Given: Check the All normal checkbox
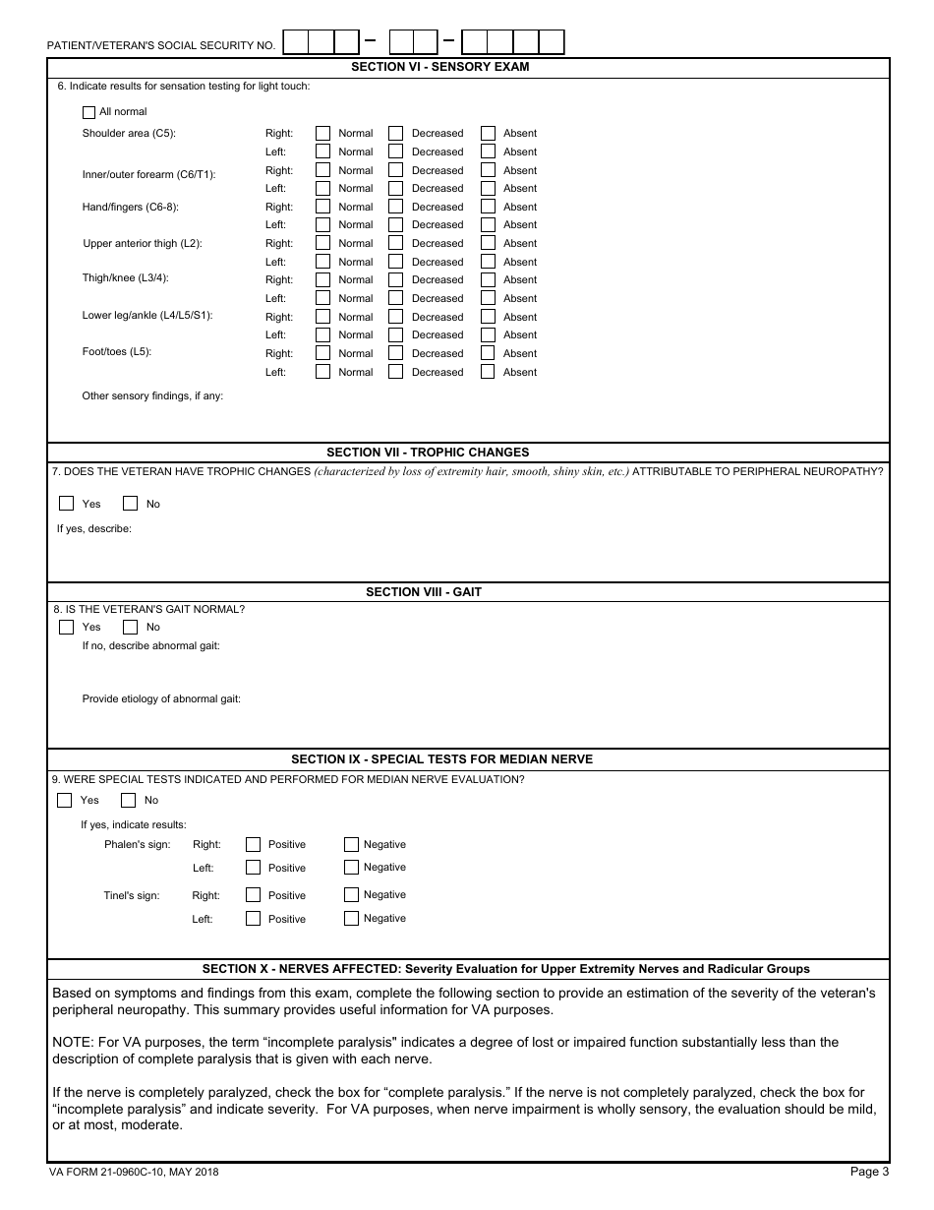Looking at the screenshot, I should click(x=89, y=112).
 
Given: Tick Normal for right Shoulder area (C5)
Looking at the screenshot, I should click(x=322, y=133).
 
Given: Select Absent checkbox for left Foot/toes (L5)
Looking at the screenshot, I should click(x=488, y=372).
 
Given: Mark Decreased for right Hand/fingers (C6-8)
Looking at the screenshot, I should click(x=395, y=207).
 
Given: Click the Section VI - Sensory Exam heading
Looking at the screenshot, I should click(x=440, y=67).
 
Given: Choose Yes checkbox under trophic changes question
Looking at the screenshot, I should click(x=67, y=504).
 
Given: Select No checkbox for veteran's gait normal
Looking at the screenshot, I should click(x=130, y=627).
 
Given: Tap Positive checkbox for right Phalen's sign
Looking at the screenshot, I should click(x=253, y=844).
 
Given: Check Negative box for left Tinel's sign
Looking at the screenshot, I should click(x=351, y=919).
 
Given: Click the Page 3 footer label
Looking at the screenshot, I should click(x=869, y=1172).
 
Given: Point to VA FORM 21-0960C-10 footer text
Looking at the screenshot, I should click(x=134, y=1172).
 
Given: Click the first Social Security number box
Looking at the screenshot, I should click(x=295, y=41).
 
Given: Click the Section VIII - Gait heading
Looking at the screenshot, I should click(x=424, y=592).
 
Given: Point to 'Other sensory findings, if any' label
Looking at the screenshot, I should click(x=152, y=395).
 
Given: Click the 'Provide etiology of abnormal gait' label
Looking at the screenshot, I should click(x=161, y=698).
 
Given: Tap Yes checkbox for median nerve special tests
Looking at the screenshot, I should click(x=65, y=800).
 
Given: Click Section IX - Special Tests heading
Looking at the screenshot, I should click(x=441, y=759).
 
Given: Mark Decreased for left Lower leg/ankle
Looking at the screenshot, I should click(x=395, y=334).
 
